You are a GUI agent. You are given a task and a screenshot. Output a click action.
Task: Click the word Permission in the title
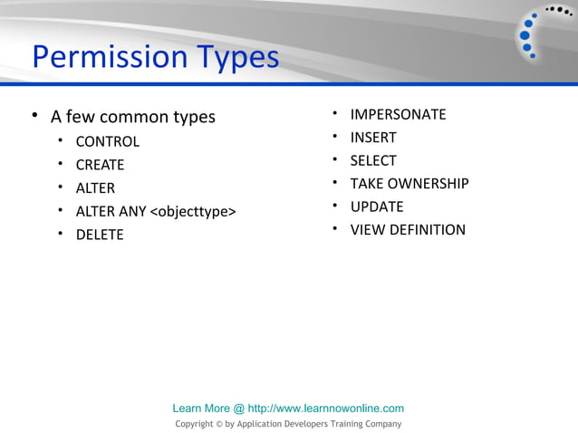[99, 58]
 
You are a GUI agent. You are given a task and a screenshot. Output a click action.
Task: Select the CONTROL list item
[107, 141]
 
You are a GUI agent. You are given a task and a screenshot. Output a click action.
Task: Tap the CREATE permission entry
[100, 165]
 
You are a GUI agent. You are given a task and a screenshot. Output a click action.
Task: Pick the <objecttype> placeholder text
[193, 212]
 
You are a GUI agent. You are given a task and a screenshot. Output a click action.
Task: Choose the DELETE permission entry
[99, 235]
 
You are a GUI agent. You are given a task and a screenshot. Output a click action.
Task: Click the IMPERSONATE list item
[398, 114]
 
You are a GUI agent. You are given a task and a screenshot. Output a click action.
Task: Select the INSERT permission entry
[373, 138]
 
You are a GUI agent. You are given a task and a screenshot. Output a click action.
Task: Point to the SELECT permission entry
[373, 160]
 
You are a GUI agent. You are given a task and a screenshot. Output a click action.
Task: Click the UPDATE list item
[377, 207]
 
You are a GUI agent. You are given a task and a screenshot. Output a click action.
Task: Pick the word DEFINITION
[427, 230]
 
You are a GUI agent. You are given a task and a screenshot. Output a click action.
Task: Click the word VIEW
[367, 230]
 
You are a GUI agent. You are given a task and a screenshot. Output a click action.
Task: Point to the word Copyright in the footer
[194, 424]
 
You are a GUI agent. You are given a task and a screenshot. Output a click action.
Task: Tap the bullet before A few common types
[34, 117]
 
